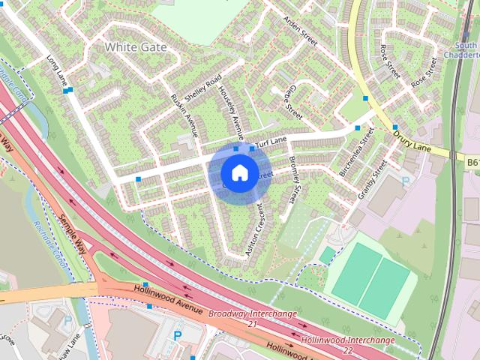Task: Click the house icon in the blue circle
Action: tap(238, 173)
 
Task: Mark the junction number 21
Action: tap(252, 324)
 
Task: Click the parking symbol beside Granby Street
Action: tap(406, 181)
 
